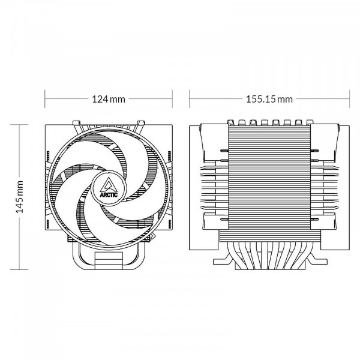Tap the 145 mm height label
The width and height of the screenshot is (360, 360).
(20, 196)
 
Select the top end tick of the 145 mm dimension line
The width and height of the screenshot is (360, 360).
(20, 124)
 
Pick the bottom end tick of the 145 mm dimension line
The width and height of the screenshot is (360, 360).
(20, 268)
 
